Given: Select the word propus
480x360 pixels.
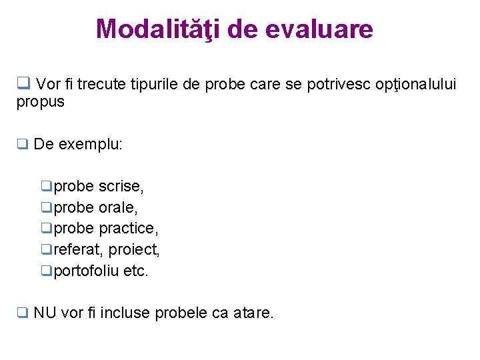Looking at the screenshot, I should tap(41, 102).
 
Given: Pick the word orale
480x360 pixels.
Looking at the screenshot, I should tap(118, 207).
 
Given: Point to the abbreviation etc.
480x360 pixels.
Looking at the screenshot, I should tap(136, 271).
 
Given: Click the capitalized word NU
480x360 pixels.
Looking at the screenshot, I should tap(45, 313).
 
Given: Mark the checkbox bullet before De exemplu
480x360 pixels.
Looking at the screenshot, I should tap(22, 145).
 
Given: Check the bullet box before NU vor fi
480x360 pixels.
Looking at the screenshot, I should tap(22, 313).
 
